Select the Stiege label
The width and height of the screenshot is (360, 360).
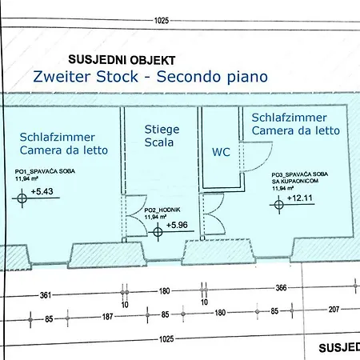(x=162, y=129)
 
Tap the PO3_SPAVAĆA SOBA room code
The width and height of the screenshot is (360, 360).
(x=299, y=174)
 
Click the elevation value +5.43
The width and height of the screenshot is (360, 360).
(x=42, y=192)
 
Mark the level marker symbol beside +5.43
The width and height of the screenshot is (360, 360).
(x=20, y=198)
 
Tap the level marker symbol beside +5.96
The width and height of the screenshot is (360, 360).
(x=158, y=232)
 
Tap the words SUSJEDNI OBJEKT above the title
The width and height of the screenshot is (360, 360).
(x=122, y=59)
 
